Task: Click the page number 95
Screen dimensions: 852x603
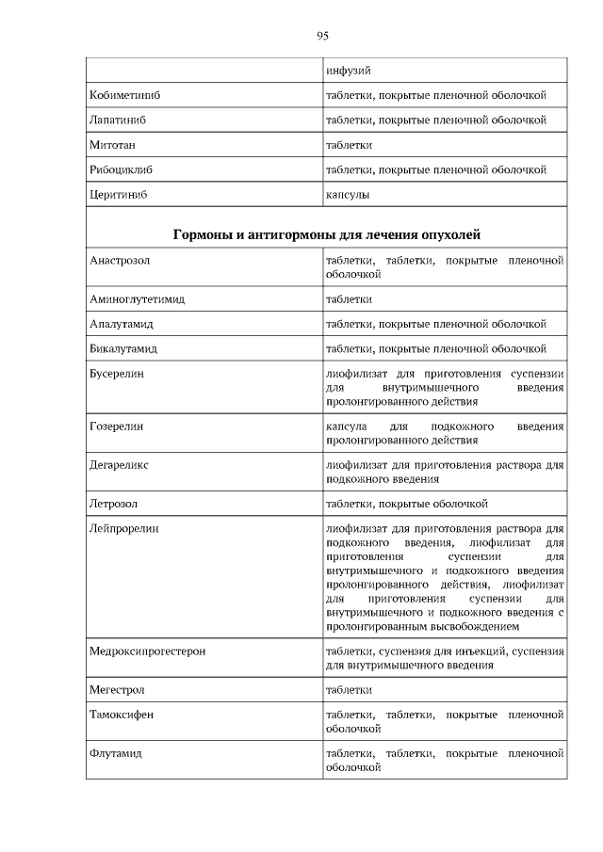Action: (x=321, y=36)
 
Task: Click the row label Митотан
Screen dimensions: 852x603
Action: (x=110, y=145)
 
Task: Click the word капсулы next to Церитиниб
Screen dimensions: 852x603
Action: (x=347, y=194)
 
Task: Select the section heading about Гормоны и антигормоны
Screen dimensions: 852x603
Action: (x=327, y=234)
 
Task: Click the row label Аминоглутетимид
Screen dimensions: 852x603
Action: (x=137, y=299)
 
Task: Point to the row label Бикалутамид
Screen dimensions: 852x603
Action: (x=122, y=348)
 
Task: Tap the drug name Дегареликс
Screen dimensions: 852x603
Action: (x=119, y=465)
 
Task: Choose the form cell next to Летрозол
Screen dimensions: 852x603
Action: (x=406, y=504)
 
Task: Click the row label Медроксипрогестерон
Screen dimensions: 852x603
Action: (x=147, y=651)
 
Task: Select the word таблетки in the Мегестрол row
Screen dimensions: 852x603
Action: (x=349, y=689)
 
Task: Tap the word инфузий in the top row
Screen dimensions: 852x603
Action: (x=347, y=72)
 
